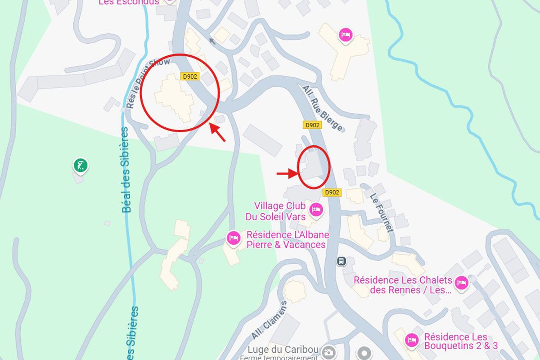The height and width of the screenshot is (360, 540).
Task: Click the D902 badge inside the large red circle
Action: [190, 76]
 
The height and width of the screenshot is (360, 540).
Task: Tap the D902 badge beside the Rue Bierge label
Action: [312, 125]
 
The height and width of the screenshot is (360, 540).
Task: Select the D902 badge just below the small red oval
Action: [332, 193]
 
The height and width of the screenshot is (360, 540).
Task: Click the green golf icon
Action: [80, 165]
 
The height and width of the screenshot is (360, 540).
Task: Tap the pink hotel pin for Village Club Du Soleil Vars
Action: [316, 210]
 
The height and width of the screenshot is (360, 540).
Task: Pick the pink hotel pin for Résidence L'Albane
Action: [234, 237]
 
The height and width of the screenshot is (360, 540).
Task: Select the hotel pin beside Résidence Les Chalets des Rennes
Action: [461, 283]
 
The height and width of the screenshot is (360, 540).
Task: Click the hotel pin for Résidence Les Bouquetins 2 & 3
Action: [411, 340]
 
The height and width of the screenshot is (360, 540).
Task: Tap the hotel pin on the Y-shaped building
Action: [345, 35]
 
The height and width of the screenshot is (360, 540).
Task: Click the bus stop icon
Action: [342, 261]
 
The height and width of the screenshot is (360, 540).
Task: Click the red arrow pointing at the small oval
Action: [286, 173]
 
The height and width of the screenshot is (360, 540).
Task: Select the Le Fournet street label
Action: [382, 212]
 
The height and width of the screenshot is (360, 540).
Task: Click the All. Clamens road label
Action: [269, 320]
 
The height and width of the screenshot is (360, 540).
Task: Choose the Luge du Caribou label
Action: [283, 350]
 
